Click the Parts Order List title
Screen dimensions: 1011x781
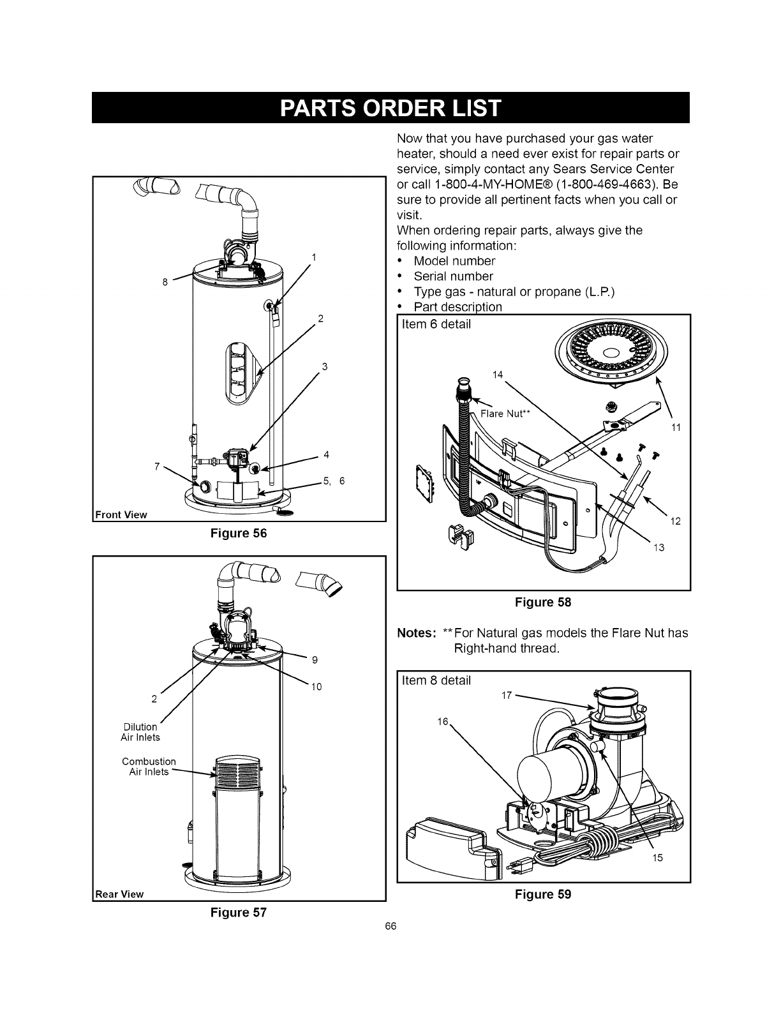[x=390, y=107]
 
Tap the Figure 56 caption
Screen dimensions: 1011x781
[x=238, y=534]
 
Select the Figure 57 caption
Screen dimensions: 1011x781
[x=238, y=912]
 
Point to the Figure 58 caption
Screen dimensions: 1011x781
[x=544, y=602]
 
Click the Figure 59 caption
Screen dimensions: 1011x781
[x=544, y=894]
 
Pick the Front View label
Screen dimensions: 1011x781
[x=121, y=514]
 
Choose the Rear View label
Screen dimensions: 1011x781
[x=120, y=894]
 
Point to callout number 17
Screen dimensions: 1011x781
[x=506, y=695]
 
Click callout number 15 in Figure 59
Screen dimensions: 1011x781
[x=657, y=857]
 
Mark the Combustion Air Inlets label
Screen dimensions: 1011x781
[x=149, y=767]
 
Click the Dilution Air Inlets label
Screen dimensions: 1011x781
[x=140, y=732]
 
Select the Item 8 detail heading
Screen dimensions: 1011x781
[x=436, y=680]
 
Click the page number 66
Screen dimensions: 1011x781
[x=391, y=927]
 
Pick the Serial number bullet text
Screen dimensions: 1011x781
[x=453, y=276]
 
